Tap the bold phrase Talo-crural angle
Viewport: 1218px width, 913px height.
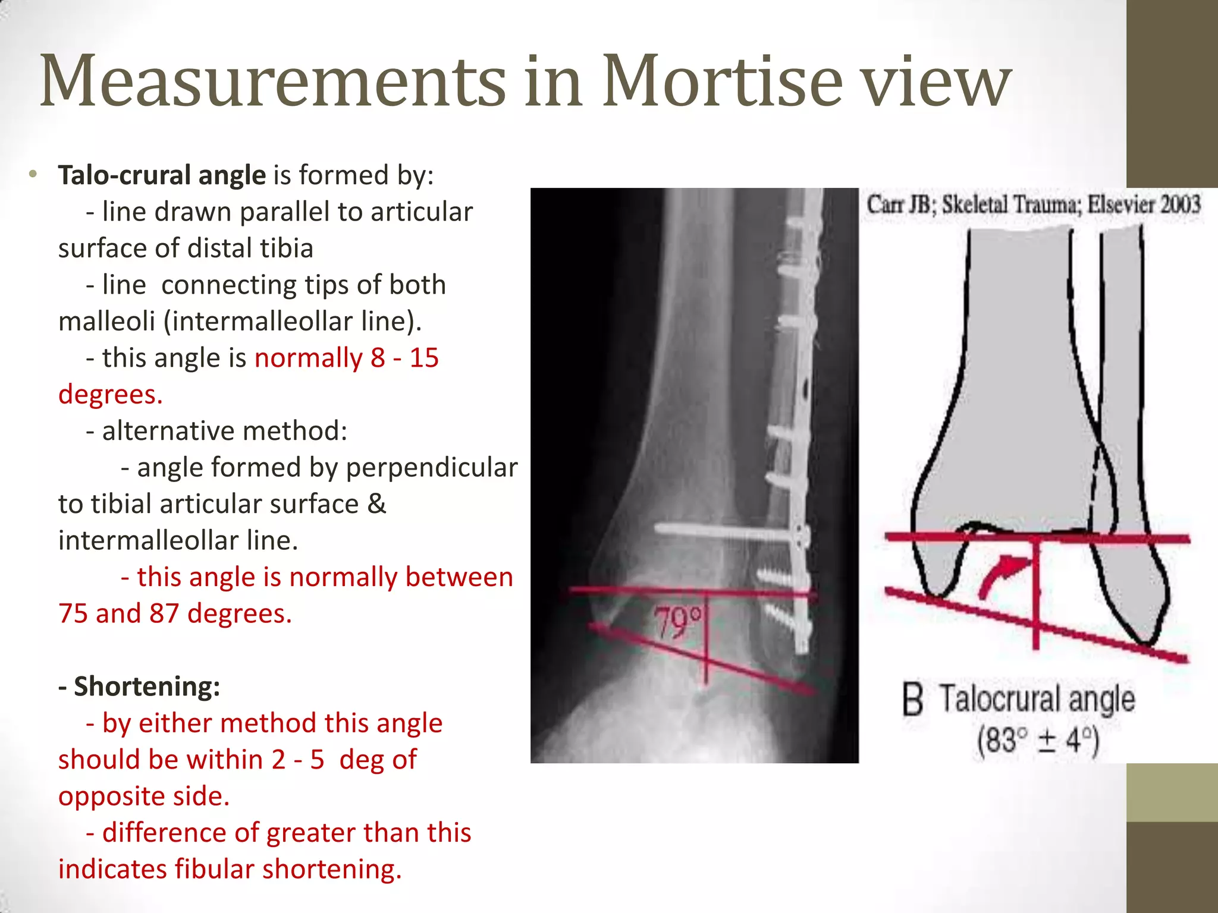click(162, 175)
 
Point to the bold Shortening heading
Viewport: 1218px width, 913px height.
click(140, 687)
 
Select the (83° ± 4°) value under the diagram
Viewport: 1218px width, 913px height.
click(1038, 741)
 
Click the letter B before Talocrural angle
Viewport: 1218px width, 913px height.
click(912, 700)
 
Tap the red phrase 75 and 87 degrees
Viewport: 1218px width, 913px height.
click(175, 613)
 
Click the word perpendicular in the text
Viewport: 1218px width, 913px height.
click(431, 468)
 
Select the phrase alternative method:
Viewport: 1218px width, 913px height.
click(224, 431)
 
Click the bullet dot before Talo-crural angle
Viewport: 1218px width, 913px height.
click(33, 175)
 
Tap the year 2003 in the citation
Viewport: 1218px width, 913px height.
click(1180, 204)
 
